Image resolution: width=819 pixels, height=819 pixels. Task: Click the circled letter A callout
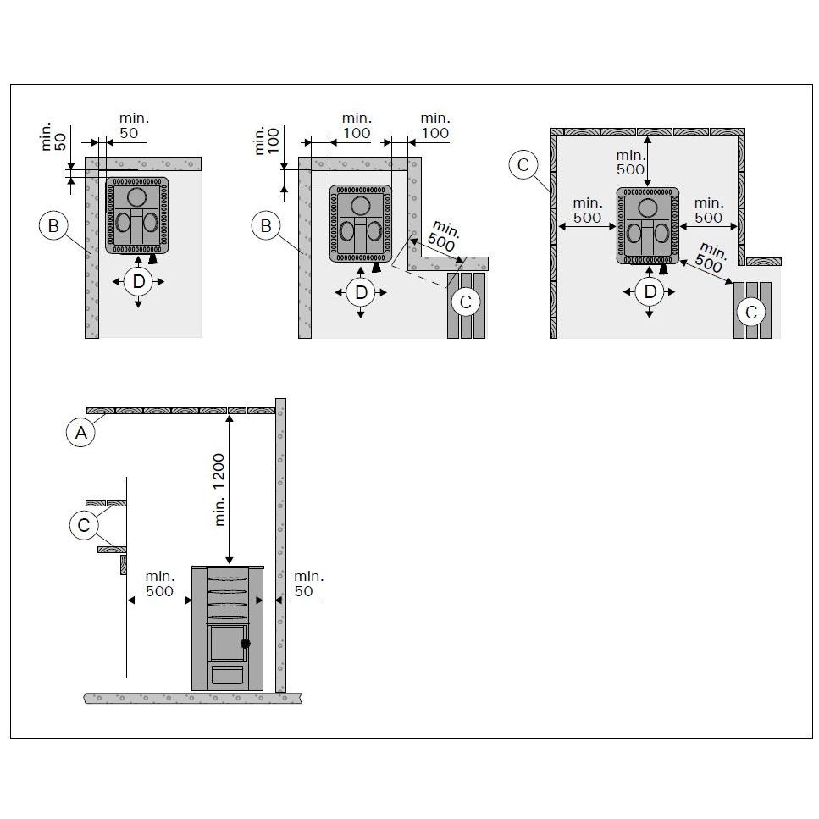pyautogui.click(x=81, y=433)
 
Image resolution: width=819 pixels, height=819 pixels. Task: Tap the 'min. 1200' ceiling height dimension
pyautogui.click(x=219, y=489)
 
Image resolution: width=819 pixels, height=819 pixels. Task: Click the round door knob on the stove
pyautogui.click(x=245, y=644)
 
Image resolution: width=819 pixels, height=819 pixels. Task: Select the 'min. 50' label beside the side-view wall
pyautogui.click(x=308, y=584)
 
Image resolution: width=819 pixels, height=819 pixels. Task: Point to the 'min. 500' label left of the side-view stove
pyautogui.click(x=160, y=584)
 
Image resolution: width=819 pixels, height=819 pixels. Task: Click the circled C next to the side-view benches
pyautogui.click(x=84, y=525)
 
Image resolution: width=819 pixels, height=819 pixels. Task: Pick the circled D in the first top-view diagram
pyautogui.click(x=138, y=282)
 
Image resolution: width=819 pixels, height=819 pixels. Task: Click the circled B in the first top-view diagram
pyautogui.click(x=53, y=226)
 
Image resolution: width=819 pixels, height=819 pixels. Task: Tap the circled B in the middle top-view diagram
pyautogui.click(x=266, y=226)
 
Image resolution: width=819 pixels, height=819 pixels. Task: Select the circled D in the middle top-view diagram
pyautogui.click(x=361, y=292)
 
